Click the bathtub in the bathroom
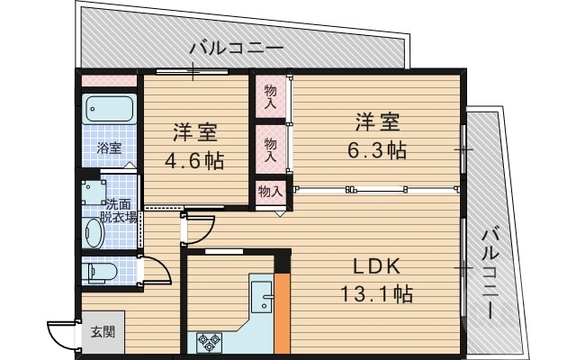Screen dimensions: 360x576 coord(109,111)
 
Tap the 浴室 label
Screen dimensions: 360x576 coord(110,148)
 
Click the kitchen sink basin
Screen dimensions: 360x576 coord(262,297)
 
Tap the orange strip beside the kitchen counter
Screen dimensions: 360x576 coord(283,311)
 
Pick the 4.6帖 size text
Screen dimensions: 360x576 coord(194,161)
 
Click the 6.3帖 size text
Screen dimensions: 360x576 coord(376,149)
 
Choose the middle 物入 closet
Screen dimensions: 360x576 coord(271,143)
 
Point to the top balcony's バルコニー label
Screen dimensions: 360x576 coord(236,49)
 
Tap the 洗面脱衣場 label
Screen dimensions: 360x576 coord(119,211)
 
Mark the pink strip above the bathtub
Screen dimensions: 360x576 coord(109,81)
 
